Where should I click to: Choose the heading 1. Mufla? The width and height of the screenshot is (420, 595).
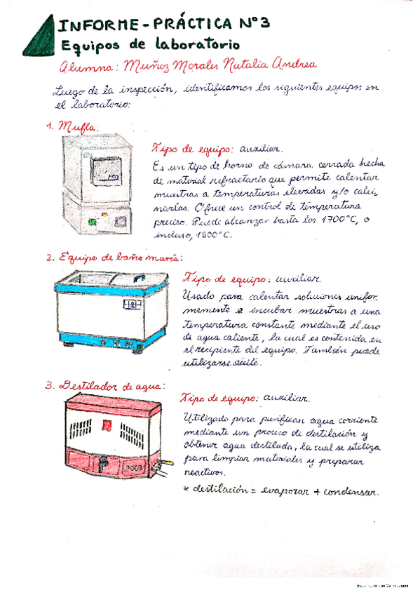pyautogui.click(x=72, y=127)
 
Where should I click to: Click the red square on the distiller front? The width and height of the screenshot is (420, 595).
pyautogui.click(x=107, y=424)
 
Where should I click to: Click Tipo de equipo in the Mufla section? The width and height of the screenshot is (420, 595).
pyautogui.click(x=193, y=149)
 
